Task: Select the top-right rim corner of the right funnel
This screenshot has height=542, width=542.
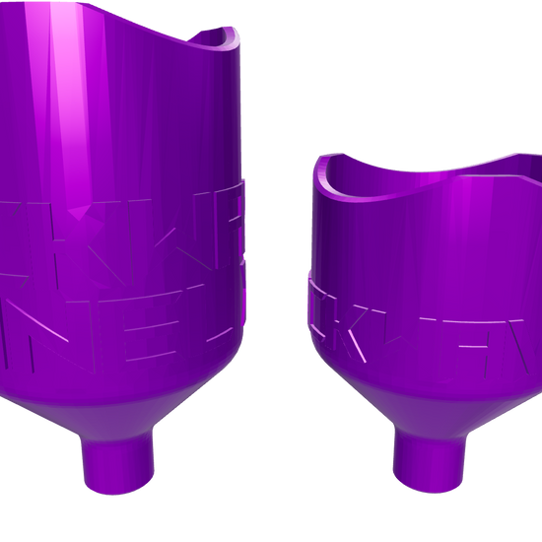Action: [x=538, y=158]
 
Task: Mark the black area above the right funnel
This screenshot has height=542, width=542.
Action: [x=414, y=69]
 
